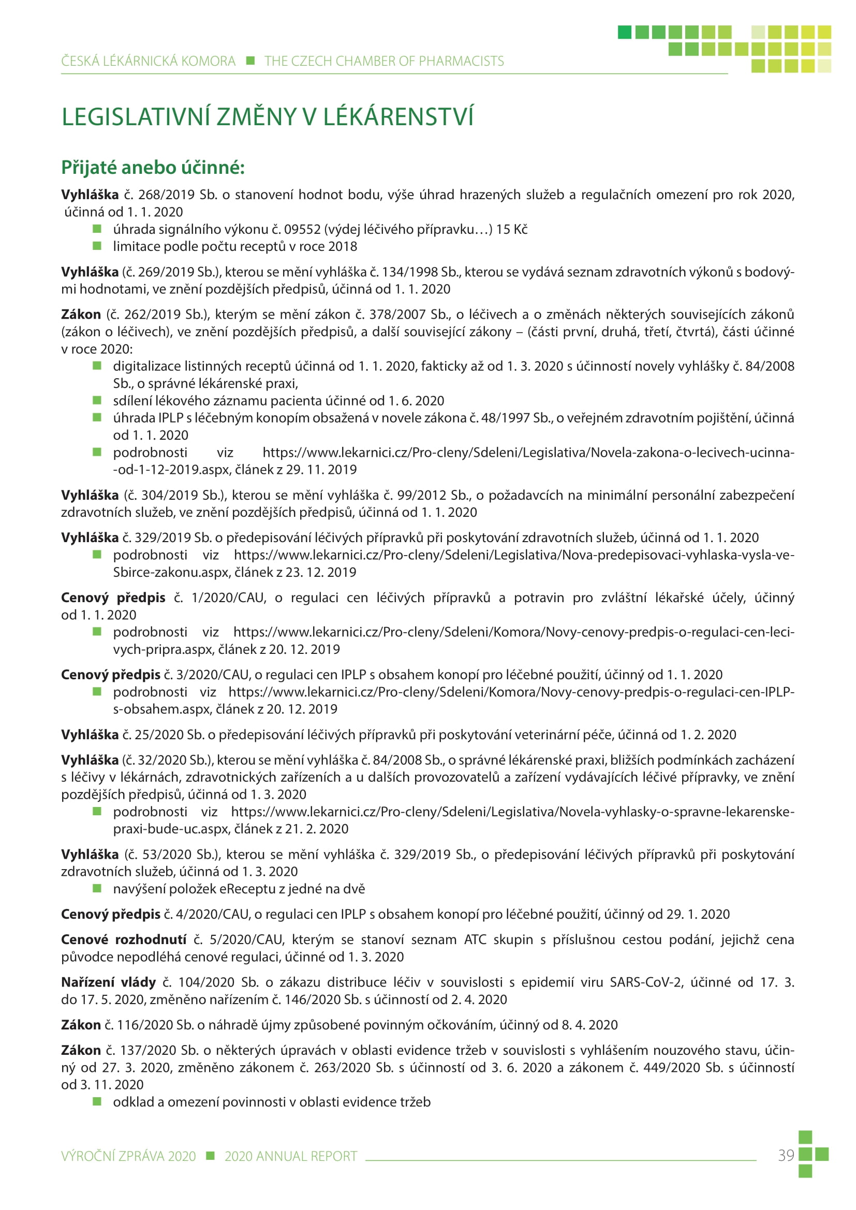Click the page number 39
tap(786, 1155)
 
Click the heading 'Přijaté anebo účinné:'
tap(153, 168)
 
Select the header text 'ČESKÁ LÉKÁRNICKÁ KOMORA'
tap(148, 61)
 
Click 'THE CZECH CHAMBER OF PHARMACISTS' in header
tap(383, 61)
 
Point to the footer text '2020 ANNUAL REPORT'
tap(291, 1156)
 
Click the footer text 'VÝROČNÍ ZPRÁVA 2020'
tap(128, 1156)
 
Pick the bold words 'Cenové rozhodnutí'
tap(123, 939)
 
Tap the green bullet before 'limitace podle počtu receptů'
tap(97, 246)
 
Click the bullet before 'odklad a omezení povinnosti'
tap(97, 1101)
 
